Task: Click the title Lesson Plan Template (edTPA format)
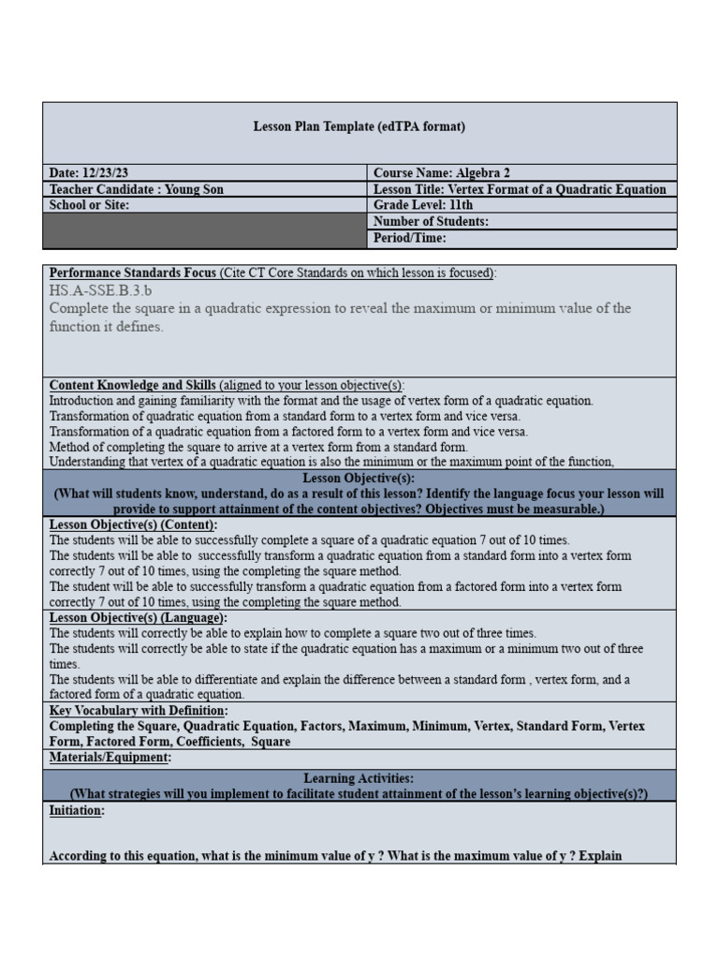point(359,126)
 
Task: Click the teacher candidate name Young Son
point(194,189)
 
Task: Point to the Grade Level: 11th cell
point(423,205)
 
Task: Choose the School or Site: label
point(90,205)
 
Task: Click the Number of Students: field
point(431,222)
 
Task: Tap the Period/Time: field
point(410,238)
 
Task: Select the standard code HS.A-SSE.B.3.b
point(101,290)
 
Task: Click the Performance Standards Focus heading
point(133,273)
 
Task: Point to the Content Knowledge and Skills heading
point(133,386)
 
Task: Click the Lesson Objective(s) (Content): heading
point(133,524)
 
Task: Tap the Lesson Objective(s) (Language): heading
point(138,618)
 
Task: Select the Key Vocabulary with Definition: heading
point(138,711)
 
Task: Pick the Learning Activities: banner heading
point(359,778)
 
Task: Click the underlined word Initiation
point(76,811)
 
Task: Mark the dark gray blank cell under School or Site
point(204,230)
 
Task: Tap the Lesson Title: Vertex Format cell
point(520,189)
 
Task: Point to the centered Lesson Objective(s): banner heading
point(359,478)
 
